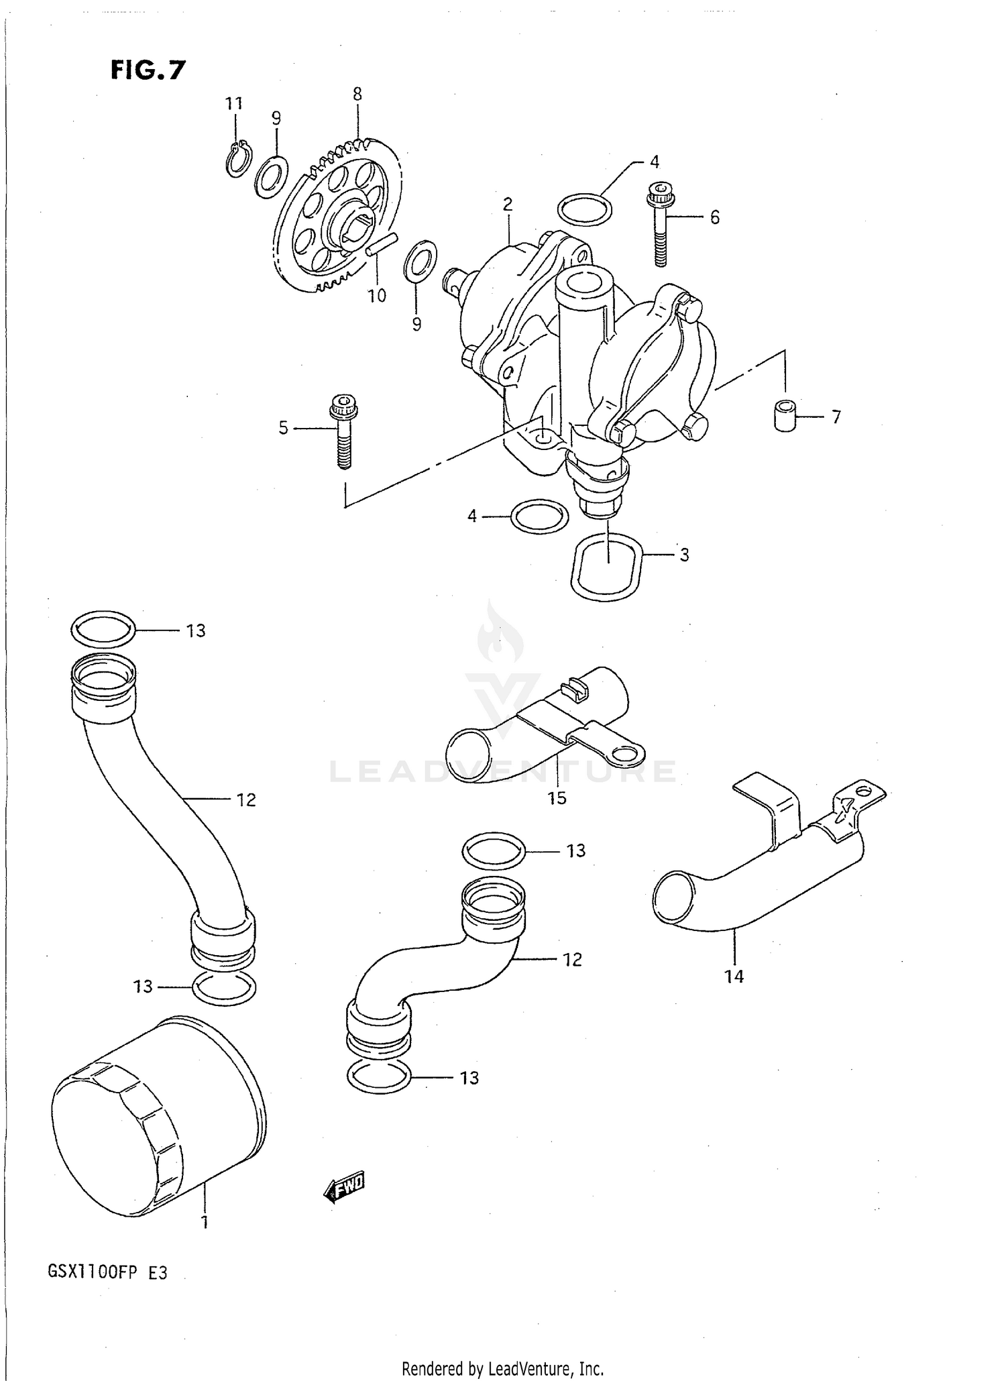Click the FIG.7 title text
tap(148, 70)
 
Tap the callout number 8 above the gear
tap(357, 95)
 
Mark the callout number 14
tap(734, 976)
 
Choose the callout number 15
tap(557, 797)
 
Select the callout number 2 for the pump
tap(508, 204)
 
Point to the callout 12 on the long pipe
tap(246, 799)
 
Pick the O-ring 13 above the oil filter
tap(223, 987)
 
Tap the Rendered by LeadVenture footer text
tap(502, 1368)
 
